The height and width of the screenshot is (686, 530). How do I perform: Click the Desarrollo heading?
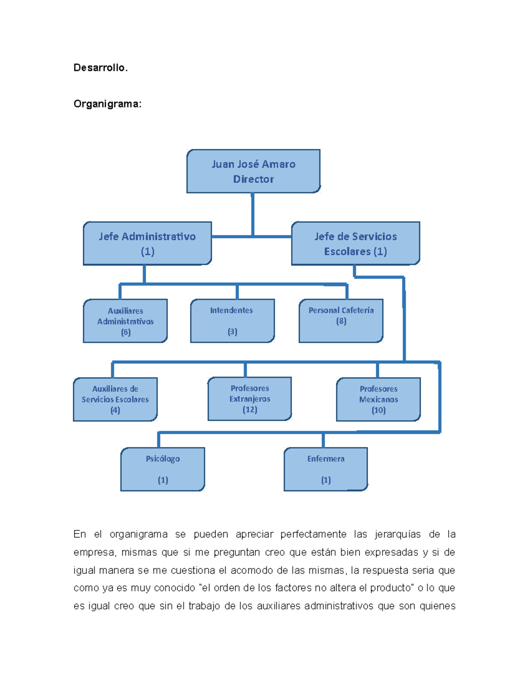(x=100, y=68)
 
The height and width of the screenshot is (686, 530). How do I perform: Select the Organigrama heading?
(x=107, y=104)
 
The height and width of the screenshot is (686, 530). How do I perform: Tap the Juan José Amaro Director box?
(x=254, y=171)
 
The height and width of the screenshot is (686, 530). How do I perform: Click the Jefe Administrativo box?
(x=147, y=243)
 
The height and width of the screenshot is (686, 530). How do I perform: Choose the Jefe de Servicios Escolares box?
(x=356, y=243)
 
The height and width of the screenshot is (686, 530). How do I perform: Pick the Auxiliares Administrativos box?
(x=125, y=321)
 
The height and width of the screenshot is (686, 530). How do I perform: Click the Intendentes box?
(x=232, y=321)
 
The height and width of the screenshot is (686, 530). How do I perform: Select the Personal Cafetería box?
(x=341, y=321)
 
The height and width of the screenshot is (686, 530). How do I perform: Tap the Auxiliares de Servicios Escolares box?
(x=115, y=399)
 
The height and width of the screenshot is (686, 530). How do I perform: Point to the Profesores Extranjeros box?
(x=250, y=399)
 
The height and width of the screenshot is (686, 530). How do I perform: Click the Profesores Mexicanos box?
(x=379, y=399)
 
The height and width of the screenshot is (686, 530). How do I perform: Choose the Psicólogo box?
(x=163, y=469)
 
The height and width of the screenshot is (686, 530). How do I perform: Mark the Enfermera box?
(x=326, y=469)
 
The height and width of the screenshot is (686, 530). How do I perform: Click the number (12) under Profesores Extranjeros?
(x=250, y=409)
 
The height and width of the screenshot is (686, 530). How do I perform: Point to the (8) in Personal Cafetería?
(x=341, y=321)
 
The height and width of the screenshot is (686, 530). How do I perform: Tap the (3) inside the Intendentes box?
(x=232, y=331)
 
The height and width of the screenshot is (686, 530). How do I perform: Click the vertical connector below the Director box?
(x=253, y=214)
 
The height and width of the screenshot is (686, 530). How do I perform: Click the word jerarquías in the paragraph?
(x=398, y=534)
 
